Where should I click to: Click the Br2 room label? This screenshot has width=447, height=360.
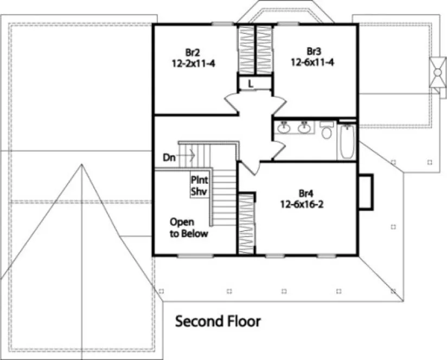pyautogui.click(x=192, y=53)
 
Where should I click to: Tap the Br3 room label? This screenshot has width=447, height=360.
pyautogui.click(x=314, y=52)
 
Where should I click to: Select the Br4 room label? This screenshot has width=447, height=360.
pyautogui.click(x=305, y=194)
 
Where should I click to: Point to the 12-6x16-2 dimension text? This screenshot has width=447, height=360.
pyautogui.click(x=305, y=204)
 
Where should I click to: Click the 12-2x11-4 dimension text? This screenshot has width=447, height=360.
pyautogui.click(x=193, y=63)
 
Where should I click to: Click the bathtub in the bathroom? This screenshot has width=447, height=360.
pyautogui.click(x=347, y=142)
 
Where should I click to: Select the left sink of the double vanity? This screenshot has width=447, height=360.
pyautogui.click(x=284, y=128)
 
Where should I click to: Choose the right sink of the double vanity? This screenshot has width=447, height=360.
pyautogui.click(x=304, y=128)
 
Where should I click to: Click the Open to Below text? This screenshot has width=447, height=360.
pyautogui.click(x=188, y=228)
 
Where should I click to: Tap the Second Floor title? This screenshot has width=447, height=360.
pyautogui.click(x=218, y=322)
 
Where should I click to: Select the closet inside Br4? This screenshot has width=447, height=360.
pyautogui.click(x=246, y=222)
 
